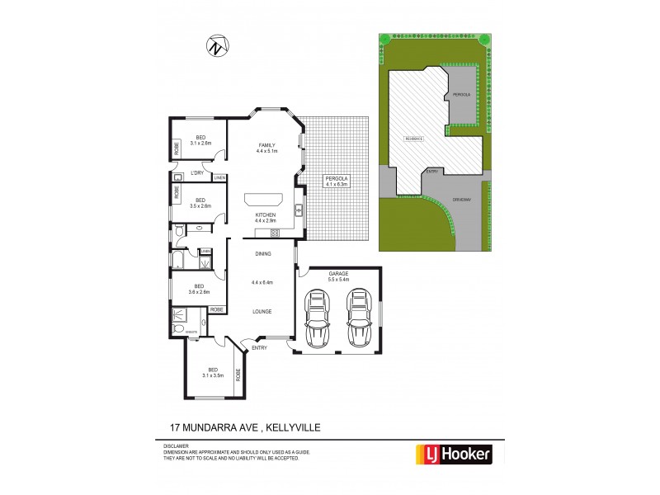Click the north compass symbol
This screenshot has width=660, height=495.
click(x=217, y=47)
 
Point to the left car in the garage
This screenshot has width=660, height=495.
click(x=317, y=320)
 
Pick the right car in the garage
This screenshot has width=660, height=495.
click(x=357, y=320)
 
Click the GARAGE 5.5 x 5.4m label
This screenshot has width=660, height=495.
click(x=339, y=276)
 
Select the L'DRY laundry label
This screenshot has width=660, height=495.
click(x=197, y=172)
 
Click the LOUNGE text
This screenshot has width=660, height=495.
click(x=262, y=311)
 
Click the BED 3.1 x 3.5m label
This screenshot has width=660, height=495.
click(x=213, y=372)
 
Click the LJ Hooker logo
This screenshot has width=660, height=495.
click(x=451, y=453)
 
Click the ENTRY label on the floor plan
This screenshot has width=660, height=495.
click(x=260, y=347)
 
